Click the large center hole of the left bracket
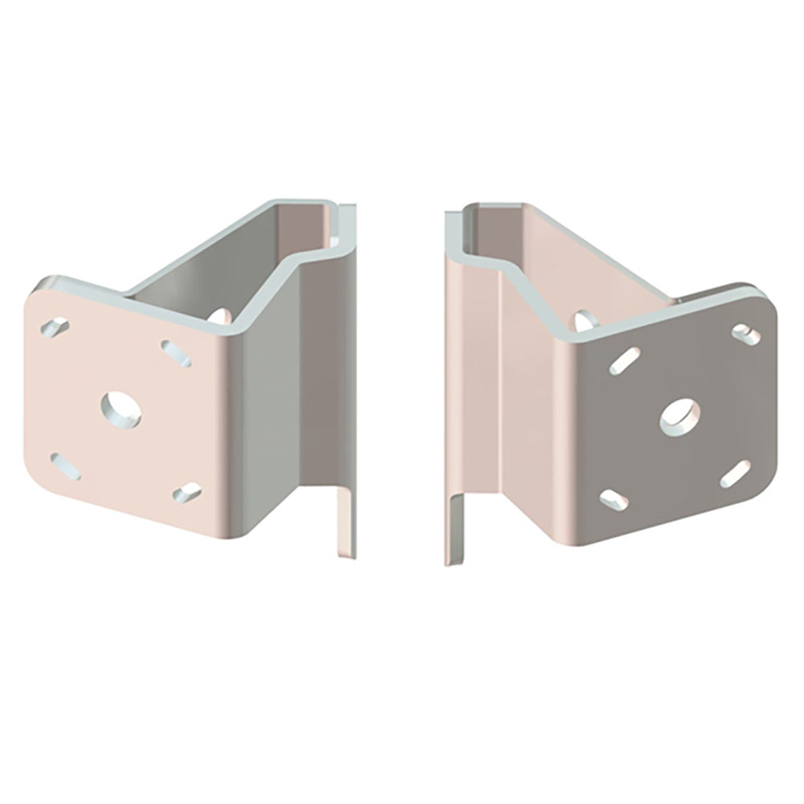pyautogui.click(x=121, y=407)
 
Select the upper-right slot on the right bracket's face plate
pyautogui.click(x=745, y=330)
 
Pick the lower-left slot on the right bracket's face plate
pyautogui.click(x=616, y=499)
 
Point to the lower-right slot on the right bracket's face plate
pyautogui.click(x=735, y=477)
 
